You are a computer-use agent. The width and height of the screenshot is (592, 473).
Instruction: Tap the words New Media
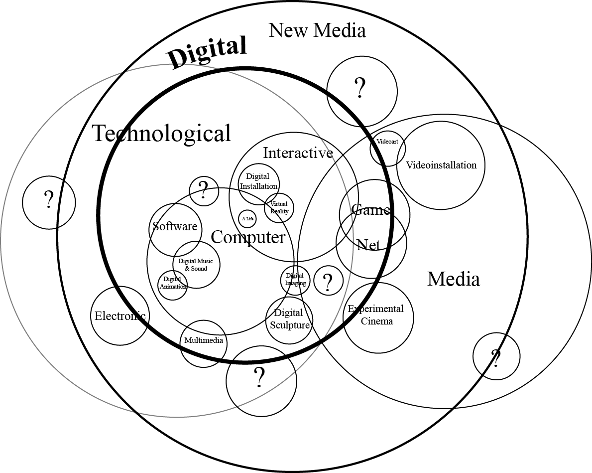317,30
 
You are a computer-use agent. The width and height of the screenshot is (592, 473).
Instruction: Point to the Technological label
162,134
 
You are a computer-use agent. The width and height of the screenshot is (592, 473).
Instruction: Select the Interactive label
298,153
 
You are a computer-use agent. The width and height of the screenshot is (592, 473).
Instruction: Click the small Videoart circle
387,142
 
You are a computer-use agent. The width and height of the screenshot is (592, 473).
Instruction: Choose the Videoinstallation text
441,165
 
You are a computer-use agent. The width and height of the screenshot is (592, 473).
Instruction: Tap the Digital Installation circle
258,181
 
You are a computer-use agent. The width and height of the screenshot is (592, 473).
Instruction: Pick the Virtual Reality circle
279,207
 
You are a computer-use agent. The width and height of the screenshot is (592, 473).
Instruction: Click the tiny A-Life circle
247,219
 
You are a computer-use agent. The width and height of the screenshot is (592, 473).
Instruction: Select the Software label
175,227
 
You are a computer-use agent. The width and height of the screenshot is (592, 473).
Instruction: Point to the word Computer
248,237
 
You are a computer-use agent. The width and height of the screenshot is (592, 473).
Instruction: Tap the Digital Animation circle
173,283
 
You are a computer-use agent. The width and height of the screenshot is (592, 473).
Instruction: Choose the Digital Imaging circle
295,280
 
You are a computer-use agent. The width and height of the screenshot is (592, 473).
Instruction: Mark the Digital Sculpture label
289,319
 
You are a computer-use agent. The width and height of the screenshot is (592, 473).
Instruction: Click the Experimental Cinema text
377,315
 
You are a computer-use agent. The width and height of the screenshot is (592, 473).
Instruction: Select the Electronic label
120,315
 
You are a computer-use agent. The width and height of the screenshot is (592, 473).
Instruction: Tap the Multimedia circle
204,342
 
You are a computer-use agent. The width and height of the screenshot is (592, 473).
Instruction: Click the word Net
368,245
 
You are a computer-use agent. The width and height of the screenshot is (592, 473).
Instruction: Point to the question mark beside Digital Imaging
328,282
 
